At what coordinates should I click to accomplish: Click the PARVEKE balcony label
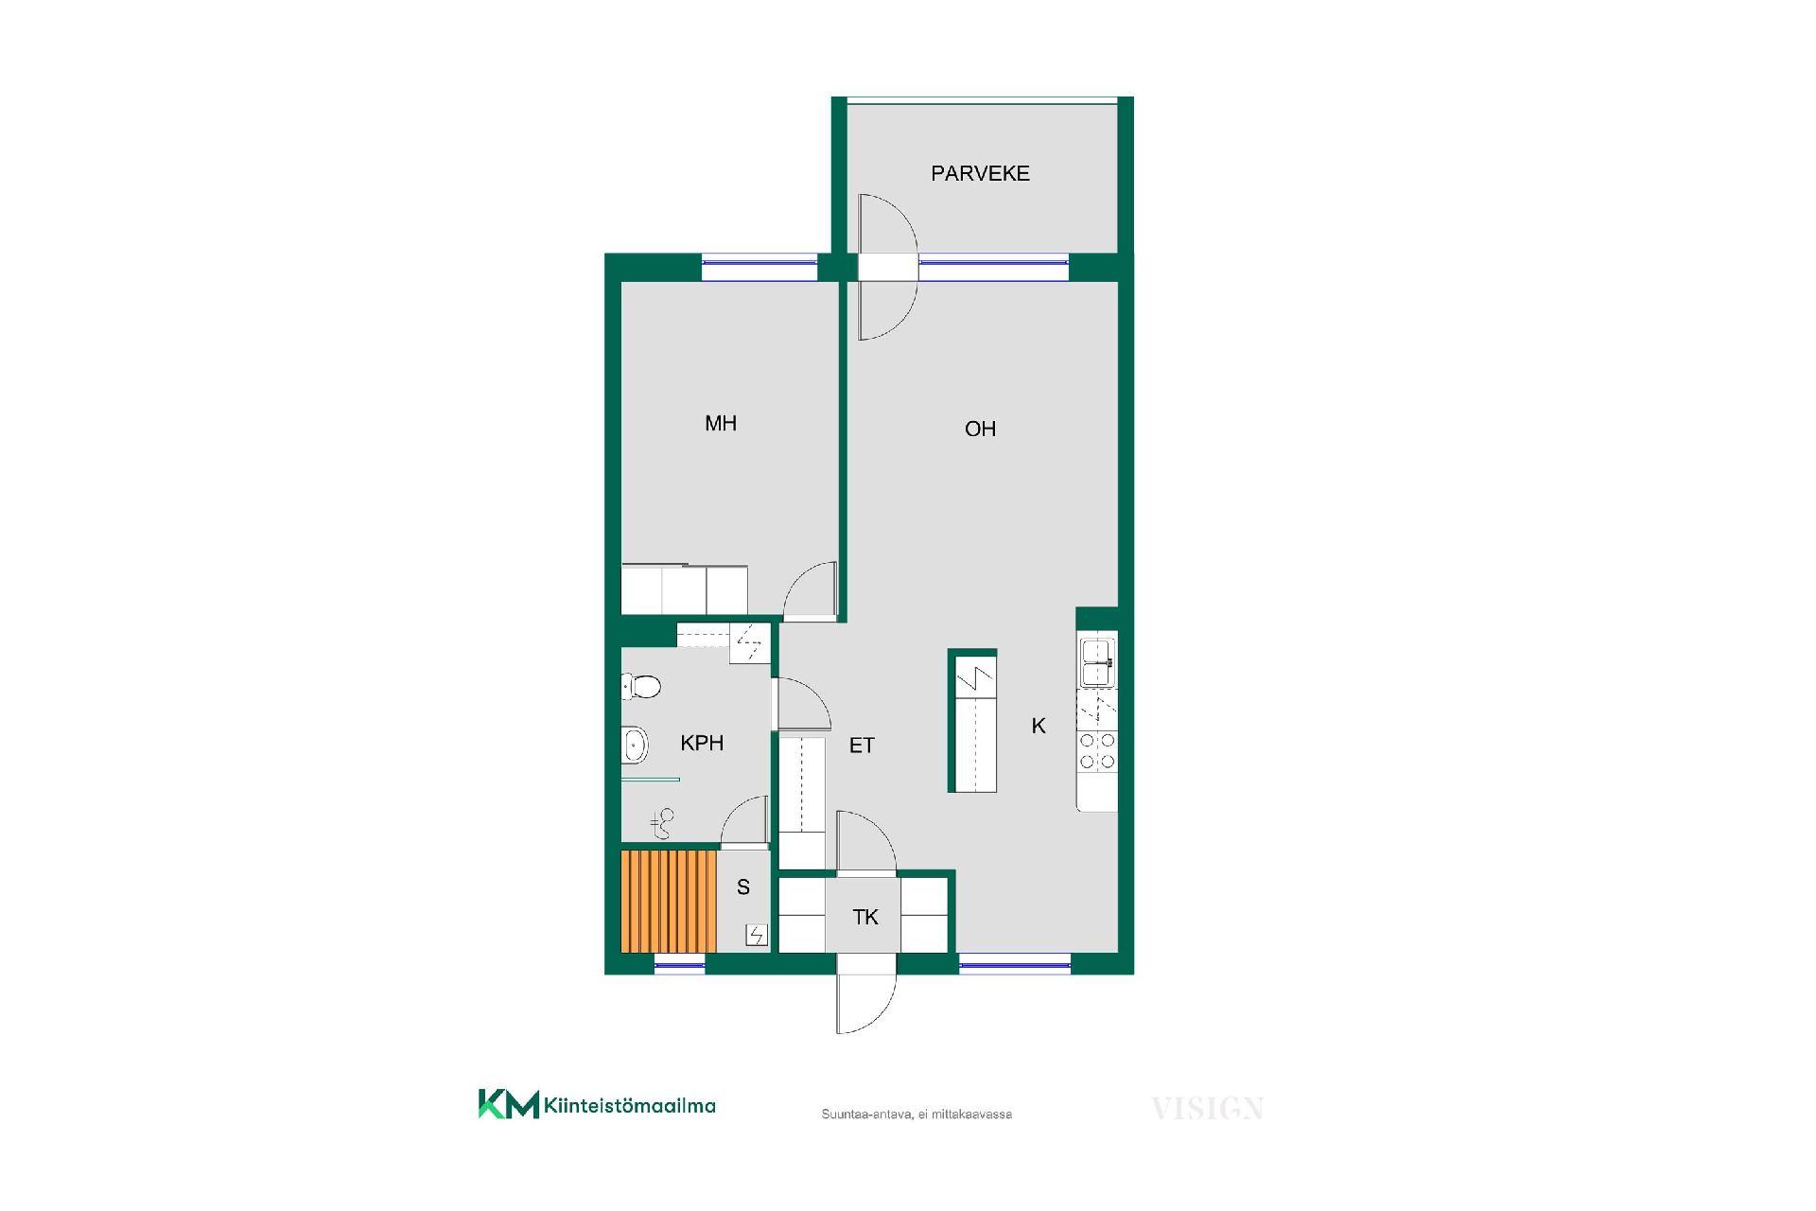[980, 173]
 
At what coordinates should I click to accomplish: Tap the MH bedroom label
[721, 423]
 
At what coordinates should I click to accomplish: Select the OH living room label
[980, 429]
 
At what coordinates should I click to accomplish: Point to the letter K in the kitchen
[1039, 726]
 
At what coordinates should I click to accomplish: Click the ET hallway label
[862, 746]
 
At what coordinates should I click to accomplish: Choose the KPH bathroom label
[702, 743]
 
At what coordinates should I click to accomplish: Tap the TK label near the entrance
[865, 917]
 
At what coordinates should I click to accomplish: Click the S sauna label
[743, 887]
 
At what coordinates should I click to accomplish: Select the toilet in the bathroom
[641, 686]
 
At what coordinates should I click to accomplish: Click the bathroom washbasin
[635, 745]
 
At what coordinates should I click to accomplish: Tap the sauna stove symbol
[757, 936]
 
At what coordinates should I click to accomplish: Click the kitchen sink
[1098, 662]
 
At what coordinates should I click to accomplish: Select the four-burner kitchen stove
[1098, 751]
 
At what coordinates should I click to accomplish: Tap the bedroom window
[760, 268]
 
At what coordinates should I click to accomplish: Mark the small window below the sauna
[680, 965]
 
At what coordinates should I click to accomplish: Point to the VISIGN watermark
[1207, 1108]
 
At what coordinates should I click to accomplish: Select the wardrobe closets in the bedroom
[685, 589]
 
